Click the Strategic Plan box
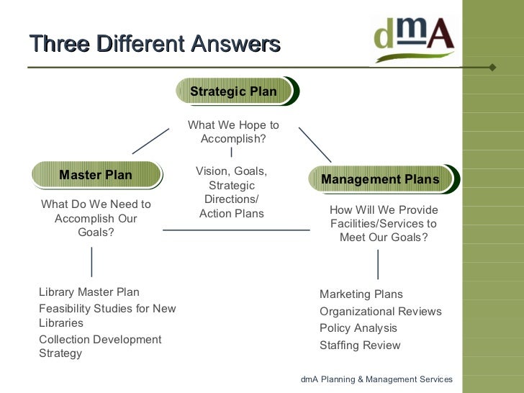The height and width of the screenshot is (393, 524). tap(234, 91)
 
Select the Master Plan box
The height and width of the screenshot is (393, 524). tap(96, 175)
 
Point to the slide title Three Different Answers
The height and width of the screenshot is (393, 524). tap(155, 44)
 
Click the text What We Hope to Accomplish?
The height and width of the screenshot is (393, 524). tap(233, 132)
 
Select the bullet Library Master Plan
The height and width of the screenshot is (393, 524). tap(89, 292)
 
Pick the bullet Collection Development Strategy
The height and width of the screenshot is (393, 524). tap(100, 346)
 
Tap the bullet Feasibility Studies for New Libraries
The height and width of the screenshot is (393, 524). tap(107, 316)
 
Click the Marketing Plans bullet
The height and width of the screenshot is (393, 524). tap(361, 294)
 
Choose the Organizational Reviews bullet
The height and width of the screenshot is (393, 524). tap(381, 312)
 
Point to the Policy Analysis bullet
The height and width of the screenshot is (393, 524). tap(358, 328)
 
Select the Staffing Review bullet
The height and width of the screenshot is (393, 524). tap(360, 345)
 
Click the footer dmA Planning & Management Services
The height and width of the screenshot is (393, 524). tap(376, 379)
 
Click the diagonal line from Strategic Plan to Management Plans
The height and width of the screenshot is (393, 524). tap(315, 145)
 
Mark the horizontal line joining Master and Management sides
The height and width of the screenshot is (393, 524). tap(236, 230)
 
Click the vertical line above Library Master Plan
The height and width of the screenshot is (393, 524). tap(91, 262)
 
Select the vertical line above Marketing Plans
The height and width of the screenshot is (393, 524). tap(378, 264)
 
